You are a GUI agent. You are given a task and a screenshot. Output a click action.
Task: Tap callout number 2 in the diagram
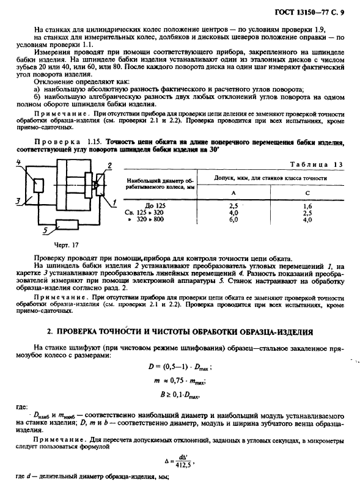tap(109, 166)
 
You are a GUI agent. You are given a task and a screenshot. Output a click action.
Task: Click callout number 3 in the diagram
tap(18, 200)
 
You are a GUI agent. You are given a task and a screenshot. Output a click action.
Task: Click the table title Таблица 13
tap(321, 164)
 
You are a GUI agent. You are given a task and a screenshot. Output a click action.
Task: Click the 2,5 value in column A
tap(233, 206)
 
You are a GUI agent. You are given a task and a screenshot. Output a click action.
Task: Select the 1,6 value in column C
tap(307, 206)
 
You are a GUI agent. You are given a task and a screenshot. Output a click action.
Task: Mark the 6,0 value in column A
tap(233, 220)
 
